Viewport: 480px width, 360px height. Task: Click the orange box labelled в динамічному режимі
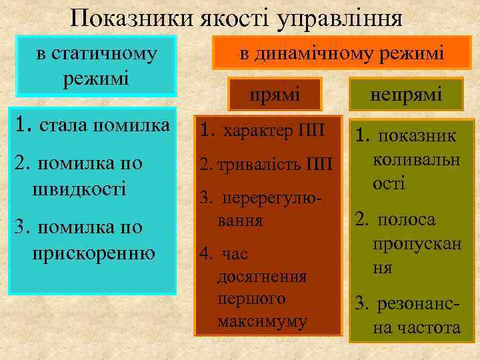pyautogui.click(x=341, y=53)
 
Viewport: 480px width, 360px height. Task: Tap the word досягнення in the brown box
pyautogui.click(x=262, y=277)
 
